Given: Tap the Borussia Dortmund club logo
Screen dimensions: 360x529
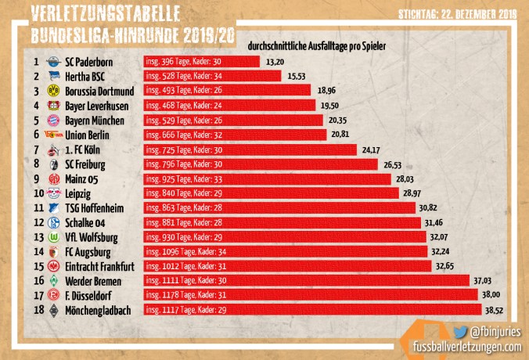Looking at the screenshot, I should click(x=53, y=91).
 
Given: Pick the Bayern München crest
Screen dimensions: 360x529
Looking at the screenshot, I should click(x=53, y=120).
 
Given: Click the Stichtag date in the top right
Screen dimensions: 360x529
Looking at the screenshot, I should click(x=457, y=13).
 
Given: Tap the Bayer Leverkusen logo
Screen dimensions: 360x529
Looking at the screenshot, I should click(x=53, y=106).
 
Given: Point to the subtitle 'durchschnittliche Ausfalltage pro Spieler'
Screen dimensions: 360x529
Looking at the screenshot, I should click(x=316, y=48).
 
